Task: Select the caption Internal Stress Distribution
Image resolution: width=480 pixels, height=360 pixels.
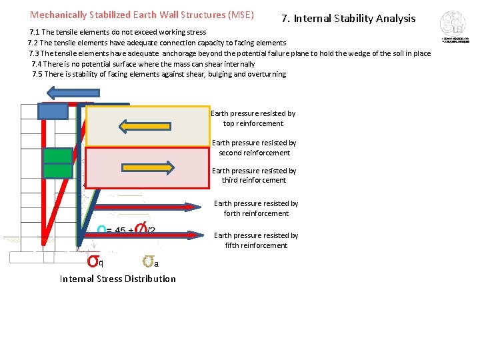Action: [118, 279]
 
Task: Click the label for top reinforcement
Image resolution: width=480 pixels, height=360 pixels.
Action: [253, 119]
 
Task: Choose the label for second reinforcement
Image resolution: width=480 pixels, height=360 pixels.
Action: [254, 147]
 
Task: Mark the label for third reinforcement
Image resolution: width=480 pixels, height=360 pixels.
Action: [254, 175]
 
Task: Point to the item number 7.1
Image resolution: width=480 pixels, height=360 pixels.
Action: [35, 32]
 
